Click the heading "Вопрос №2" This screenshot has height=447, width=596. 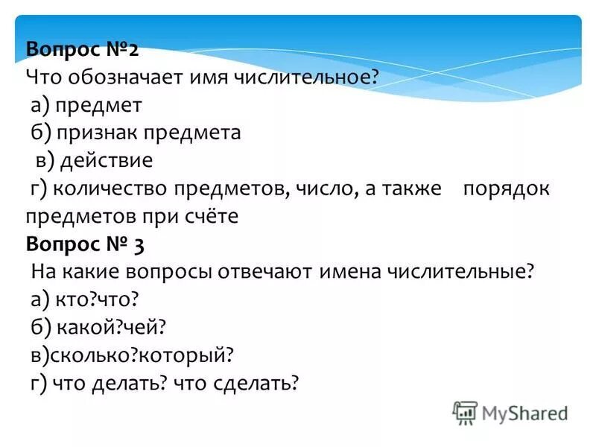coord(82,51)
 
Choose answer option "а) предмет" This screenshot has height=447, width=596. coord(86,106)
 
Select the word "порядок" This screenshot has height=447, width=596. coord(506,188)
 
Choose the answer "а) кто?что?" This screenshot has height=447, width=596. coord(86,299)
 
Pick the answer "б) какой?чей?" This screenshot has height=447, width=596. coord(98,327)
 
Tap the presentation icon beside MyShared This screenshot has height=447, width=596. coord(465,413)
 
